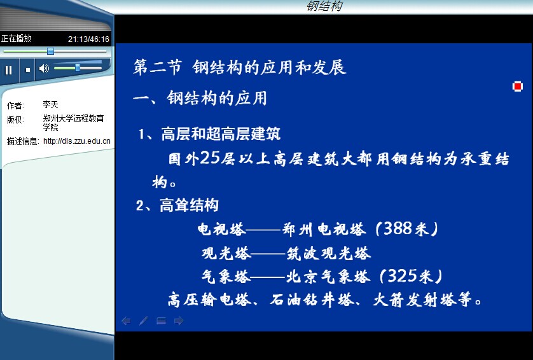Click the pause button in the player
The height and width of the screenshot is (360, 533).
(8, 70)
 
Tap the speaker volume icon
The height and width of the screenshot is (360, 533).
(44, 69)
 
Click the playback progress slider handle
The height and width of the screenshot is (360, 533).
(50, 51)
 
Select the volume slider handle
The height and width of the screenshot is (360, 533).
(78, 67)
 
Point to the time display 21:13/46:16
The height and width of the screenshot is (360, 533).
(88, 39)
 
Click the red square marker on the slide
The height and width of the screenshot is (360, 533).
(517, 87)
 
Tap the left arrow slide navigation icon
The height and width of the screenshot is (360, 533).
(126, 321)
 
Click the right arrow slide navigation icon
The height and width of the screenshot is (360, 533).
(179, 321)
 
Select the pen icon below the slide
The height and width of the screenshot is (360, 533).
(144, 321)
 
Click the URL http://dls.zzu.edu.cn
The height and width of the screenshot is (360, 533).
(77, 141)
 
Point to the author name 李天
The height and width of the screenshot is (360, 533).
(51, 104)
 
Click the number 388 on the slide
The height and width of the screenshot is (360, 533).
(398, 228)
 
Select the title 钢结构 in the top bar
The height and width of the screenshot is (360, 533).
(324, 6)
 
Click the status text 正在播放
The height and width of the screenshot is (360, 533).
(17, 38)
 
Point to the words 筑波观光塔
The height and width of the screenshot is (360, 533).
(328, 254)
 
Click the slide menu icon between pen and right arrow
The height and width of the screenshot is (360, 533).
(161, 321)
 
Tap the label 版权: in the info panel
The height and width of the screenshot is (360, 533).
(15, 120)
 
